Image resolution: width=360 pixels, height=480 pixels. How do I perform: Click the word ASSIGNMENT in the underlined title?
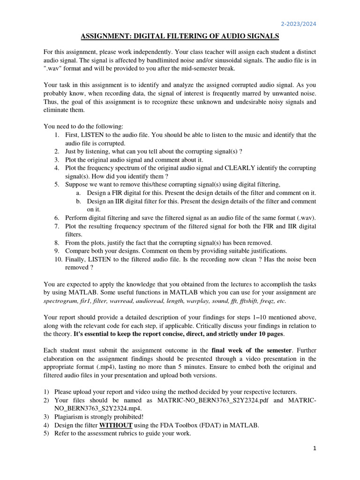point(109,36)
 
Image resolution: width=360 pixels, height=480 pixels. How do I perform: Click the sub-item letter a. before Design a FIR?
point(78,193)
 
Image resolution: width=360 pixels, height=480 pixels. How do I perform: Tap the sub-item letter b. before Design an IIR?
point(78,201)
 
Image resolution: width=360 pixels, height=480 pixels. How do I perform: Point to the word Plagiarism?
point(70,416)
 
